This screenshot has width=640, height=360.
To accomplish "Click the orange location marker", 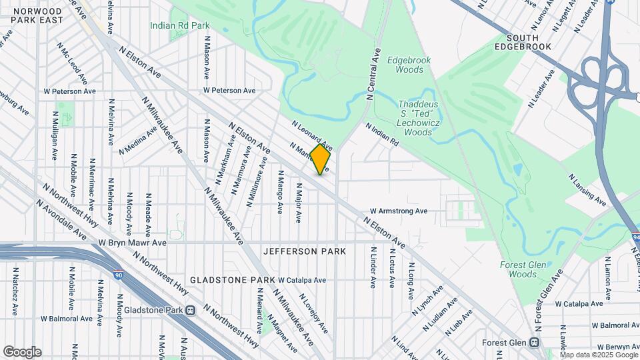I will (320, 159).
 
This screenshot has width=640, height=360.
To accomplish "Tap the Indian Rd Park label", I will (180, 25).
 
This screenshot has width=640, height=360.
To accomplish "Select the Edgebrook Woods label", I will (413, 65).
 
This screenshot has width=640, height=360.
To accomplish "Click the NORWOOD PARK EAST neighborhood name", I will (37, 16).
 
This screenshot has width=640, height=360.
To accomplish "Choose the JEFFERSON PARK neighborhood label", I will (305, 251).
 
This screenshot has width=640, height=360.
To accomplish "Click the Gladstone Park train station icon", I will (190, 310).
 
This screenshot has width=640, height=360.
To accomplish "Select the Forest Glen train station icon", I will (534, 343).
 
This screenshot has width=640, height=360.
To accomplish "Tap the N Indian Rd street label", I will (381, 133).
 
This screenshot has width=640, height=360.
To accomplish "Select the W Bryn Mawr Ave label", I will (133, 243).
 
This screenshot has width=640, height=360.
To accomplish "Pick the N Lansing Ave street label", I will (587, 190).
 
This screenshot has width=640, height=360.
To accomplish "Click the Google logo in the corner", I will (22, 352).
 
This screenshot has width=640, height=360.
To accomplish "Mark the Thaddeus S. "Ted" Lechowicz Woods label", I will (425, 118).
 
